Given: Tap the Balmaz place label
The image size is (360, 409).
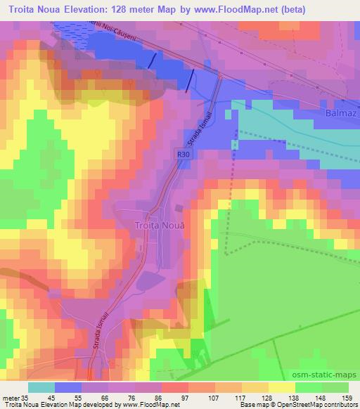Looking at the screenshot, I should pos(335,112).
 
